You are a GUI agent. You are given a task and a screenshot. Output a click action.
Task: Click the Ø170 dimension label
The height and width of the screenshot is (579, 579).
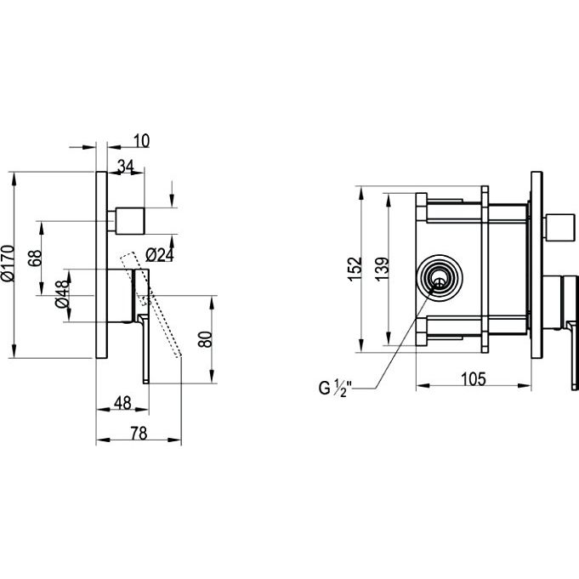pyautogui.click(x=9, y=264)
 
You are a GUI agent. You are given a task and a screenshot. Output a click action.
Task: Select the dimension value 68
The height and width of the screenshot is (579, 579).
pyautogui.click(x=35, y=258)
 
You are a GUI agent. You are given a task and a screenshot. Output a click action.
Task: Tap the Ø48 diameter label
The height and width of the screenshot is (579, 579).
pyautogui.click(x=62, y=294)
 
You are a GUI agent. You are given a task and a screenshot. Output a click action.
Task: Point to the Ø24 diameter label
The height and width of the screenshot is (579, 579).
pyautogui.click(x=159, y=255)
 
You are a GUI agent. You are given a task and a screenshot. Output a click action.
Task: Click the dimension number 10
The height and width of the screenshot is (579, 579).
pyautogui.click(x=141, y=140)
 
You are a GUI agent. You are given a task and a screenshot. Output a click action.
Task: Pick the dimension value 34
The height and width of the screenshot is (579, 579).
pyautogui.click(x=126, y=167)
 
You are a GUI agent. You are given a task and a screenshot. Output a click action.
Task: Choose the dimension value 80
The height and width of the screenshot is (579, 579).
pyautogui.click(x=205, y=339)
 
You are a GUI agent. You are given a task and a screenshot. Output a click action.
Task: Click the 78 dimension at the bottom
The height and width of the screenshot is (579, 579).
pyautogui.click(x=139, y=433)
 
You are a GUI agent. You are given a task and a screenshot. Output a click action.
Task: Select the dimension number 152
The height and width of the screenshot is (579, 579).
pyautogui.click(x=355, y=269)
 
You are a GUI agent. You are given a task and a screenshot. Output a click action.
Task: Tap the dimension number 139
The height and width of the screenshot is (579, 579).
pyautogui.click(x=383, y=269)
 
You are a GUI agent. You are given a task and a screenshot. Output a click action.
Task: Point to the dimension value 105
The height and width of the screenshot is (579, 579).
pyautogui.click(x=474, y=379)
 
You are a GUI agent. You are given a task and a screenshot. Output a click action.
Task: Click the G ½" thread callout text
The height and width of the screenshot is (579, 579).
pyautogui.click(x=336, y=388)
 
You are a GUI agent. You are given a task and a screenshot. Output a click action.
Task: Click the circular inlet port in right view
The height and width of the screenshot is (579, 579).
pyautogui.click(x=440, y=277)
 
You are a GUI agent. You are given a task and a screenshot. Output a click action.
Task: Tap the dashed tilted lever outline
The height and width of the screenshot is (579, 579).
pyautogui.click(x=150, y=304)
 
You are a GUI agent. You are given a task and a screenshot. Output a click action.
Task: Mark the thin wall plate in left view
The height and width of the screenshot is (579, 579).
pyautogui.click(x=101, y=265)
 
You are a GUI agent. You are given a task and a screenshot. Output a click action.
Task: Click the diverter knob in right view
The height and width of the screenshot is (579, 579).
pyautogui.click(x=560, y=227)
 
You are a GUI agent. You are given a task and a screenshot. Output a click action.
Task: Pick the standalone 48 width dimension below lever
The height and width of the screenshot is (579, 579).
pyautogui.click(x=122, y=402)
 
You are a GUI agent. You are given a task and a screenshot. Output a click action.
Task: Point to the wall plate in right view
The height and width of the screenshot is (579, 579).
pyautogui.click(x=536, y=265)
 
